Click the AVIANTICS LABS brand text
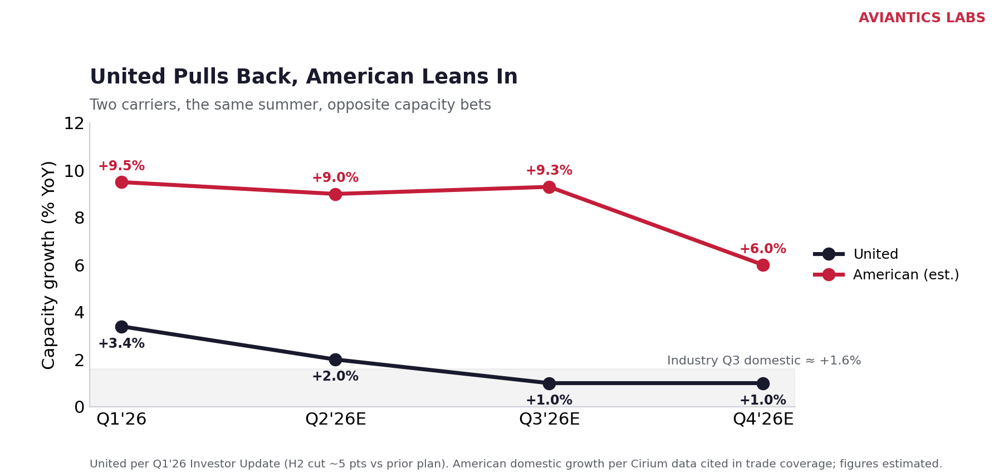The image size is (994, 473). click(x=922, y=18)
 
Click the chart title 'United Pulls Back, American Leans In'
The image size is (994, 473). click(x=303, y=77)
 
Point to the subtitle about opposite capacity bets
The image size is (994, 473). click(x=290, y=105)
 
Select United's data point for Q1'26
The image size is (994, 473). click(x=121, y=327)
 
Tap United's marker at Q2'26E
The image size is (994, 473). click(x=335, y=359)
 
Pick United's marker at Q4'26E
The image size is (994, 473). click(x=763, y=383)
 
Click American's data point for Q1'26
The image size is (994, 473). click(x=121, y=182)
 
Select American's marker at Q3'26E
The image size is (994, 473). click(x=549, y=187)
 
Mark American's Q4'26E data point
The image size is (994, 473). click(x=763, y=265)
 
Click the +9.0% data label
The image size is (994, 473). click(x=335, y=178)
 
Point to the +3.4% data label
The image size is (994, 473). click(x=121, y=344)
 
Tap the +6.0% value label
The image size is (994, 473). click(x=763, y=249)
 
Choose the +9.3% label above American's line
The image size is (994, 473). click(x=549, y=171)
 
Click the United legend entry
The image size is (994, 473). click(x=856, y=254)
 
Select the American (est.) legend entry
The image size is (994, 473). click(x=886, y=275)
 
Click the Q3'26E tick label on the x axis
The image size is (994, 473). click(x=549, y=420)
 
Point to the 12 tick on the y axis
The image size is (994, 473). click(x=74, y=124)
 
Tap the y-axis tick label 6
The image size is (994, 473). click(x=79, y=265)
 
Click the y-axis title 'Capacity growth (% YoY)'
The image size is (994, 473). click(x=49, y=265)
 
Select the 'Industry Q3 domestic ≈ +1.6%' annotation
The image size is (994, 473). click(x=764, y=361)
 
